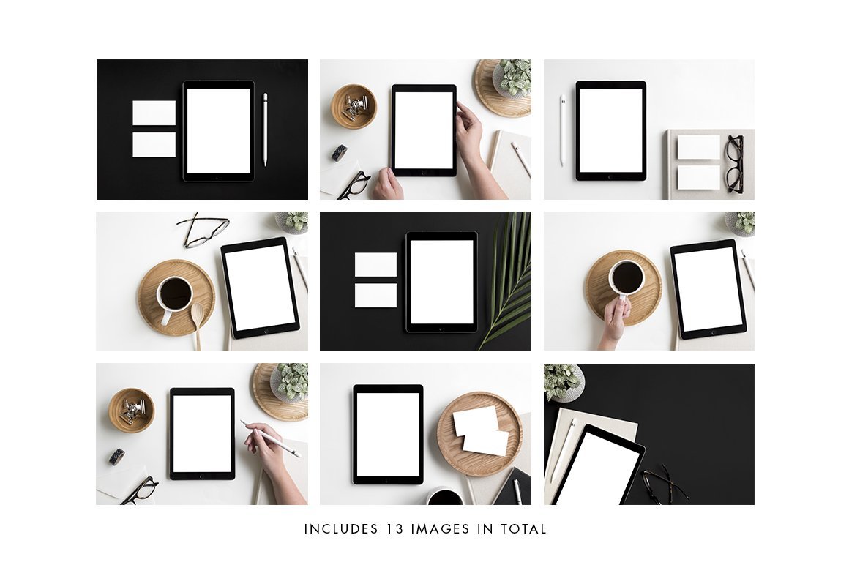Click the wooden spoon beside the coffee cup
198,325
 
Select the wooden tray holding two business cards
479,433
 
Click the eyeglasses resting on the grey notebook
735,164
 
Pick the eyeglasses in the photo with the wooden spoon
203,230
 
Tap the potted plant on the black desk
564,382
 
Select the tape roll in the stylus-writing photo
117,456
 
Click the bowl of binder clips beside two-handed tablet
354,106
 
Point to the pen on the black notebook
517,491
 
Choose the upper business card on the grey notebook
698,147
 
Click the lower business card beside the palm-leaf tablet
375,296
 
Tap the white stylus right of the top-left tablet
265,130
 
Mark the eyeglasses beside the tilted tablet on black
665,484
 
